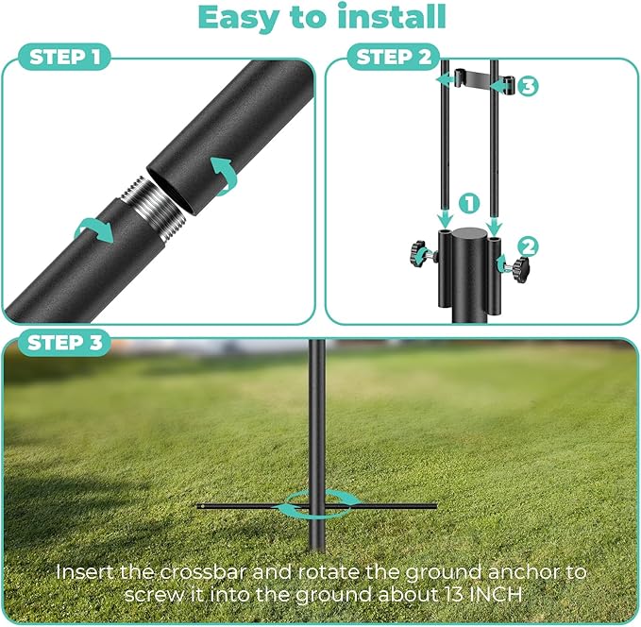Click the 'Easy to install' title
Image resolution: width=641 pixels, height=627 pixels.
pyautogui.click(x=320, y=18)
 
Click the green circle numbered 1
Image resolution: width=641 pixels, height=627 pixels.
pyautogui.click(x=469, y=203)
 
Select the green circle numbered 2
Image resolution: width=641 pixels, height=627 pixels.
pyautogui.click(x=529, y=246)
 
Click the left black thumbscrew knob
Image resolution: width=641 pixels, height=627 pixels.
pyautogui.click(x=416, y=254)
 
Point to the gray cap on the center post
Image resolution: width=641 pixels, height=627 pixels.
pyautogui.click(x=469, y=234)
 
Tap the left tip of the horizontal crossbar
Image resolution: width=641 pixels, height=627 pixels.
pyautogui.click(x=202, y=506)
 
